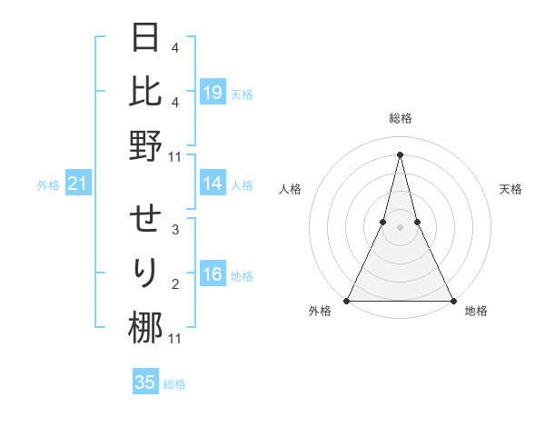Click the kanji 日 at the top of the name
(x=145, y=38)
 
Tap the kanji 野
(x=145, y=145)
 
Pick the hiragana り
(x=145, y=273)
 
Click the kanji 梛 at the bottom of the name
(x=145, y=327)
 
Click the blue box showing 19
(x=213, y=92)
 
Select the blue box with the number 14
(x=213, y=184)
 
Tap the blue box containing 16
(x=213, y=274)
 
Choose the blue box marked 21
(x=78, y=184)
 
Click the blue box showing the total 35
(x=145, y=382)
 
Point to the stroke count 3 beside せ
(x=175, y=230)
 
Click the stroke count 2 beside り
(x=175, y=284)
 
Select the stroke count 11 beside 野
(x=175, y=156)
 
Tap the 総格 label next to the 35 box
(x=174, y=384)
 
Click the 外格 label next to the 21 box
(x=48, y=185)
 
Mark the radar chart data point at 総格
(x=400, y=154)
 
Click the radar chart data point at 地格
(x=452, y=300)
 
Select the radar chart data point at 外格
(x=347, y=300)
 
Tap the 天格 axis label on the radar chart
(x=510, y=189)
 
